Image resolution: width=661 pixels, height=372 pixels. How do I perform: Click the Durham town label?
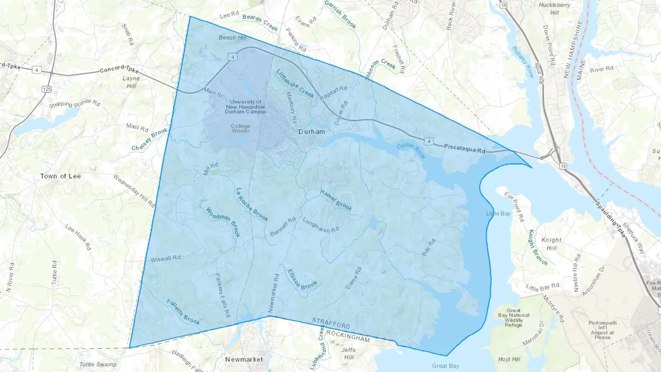311,132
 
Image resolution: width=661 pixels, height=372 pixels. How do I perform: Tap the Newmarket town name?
244,359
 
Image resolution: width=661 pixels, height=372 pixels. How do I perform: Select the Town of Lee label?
61,176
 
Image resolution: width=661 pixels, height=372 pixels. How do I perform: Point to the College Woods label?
241,128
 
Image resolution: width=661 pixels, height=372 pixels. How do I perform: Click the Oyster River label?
411,151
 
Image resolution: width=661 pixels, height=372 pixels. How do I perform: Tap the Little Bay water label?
498,214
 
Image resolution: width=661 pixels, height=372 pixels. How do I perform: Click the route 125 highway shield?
47,89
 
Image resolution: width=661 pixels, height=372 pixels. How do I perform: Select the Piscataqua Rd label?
465,149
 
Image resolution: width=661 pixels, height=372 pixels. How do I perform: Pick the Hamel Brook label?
336,201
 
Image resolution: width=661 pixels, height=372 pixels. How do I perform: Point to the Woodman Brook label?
223,222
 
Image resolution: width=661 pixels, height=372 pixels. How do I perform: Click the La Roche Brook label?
252,205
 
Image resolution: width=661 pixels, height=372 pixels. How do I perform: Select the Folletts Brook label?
183,313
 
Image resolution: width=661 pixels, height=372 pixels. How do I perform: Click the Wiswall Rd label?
166,259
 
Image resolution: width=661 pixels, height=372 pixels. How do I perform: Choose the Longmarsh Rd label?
320,225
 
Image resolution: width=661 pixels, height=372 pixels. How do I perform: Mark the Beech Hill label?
232,37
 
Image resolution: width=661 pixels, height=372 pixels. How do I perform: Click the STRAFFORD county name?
331,323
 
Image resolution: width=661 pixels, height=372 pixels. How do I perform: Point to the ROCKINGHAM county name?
348,336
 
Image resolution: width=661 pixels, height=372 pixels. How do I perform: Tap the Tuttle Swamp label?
98,364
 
